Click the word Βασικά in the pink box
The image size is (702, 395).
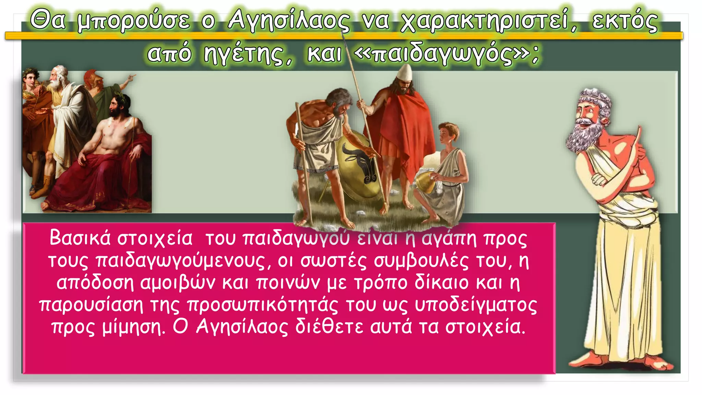[80, 238]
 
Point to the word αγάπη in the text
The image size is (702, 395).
[449, 238]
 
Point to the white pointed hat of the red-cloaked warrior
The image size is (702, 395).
[406, 72]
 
